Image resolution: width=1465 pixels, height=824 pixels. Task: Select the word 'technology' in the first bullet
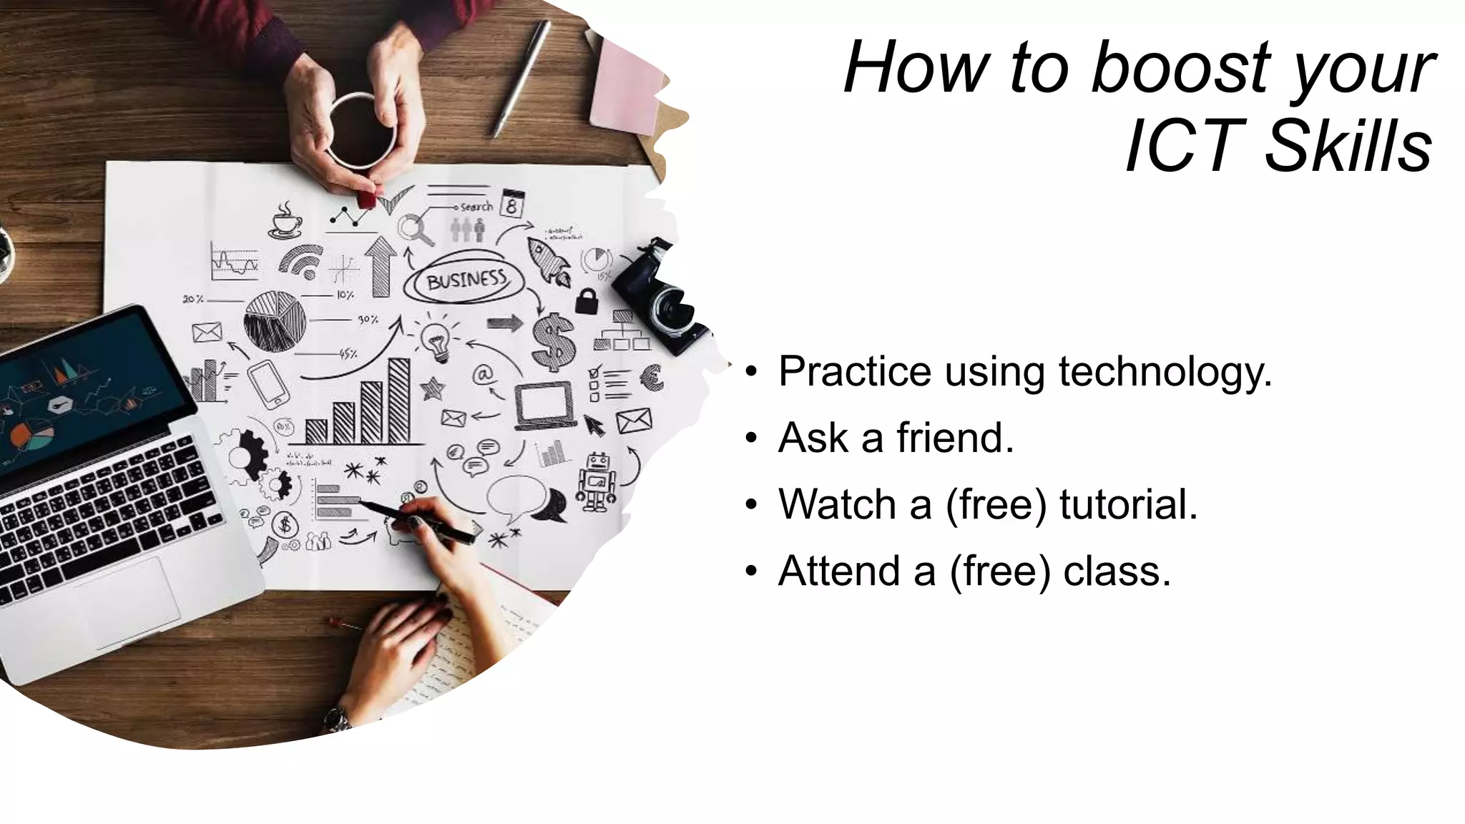[1166, 372]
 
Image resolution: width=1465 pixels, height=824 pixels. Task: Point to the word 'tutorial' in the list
[1128, 504]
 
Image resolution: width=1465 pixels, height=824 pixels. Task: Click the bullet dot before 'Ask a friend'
[750, 438]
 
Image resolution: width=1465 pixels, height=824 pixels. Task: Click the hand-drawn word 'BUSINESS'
[466, 279]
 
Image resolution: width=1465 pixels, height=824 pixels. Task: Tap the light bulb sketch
[436, 339]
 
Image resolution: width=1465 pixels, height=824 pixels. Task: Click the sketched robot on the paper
[597, 481]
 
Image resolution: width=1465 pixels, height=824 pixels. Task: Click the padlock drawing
[587, 301]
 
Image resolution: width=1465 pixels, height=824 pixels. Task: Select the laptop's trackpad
[129, 602]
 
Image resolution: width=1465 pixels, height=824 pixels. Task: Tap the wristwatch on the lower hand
[336, 718]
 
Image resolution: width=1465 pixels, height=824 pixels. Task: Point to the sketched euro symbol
[652, 377]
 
